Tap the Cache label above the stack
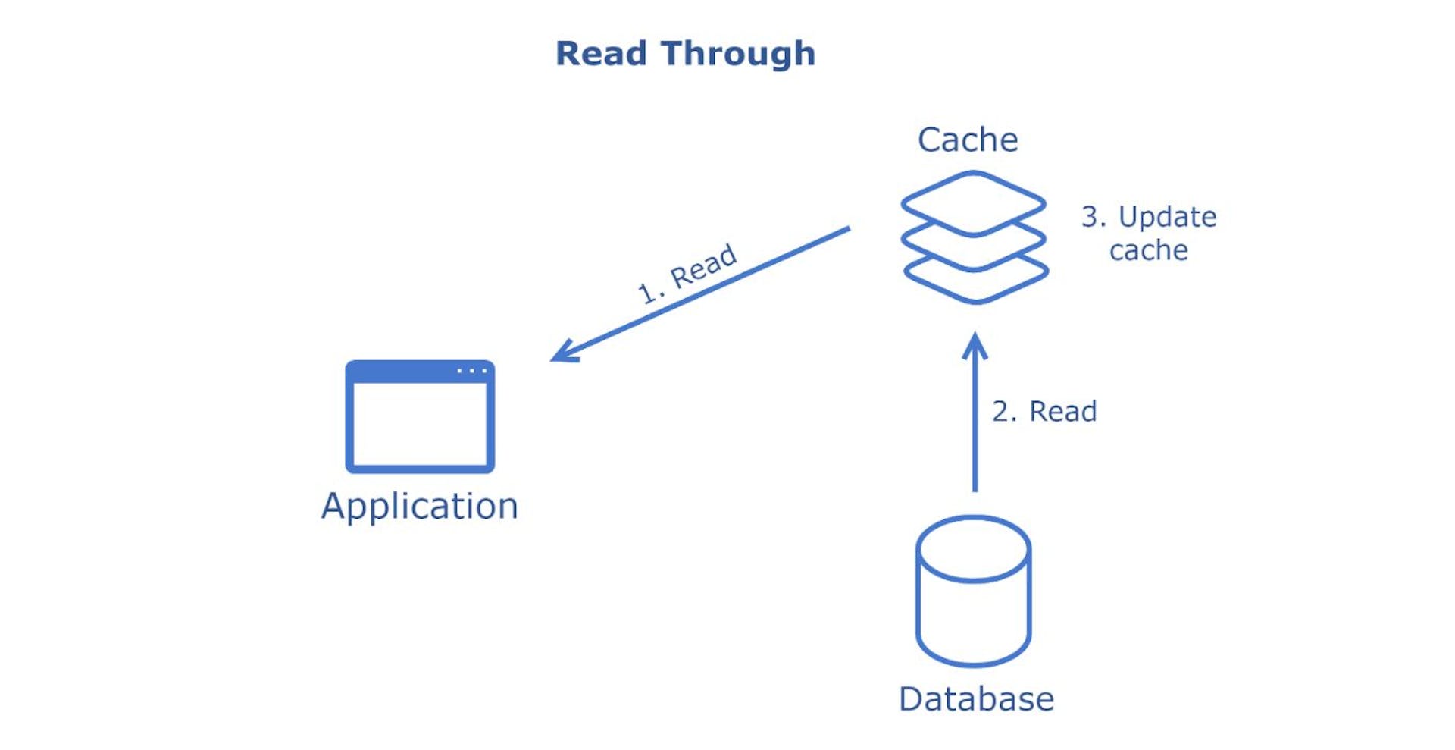[x=968, y=140]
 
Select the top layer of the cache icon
[x=973, y=199]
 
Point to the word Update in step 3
[x=1167, y=218]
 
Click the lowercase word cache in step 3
[x=1148, y=250]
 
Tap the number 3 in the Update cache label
[x=1091, y=217]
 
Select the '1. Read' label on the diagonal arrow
[x=688, y=273]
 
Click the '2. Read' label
[x=1044, y=411]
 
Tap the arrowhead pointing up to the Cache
[x=975, y=345]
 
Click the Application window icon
[x=420, y=417]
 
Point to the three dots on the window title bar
[x=471, y=371]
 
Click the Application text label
[x=420, y=506]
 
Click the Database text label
[x=976, y=699]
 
